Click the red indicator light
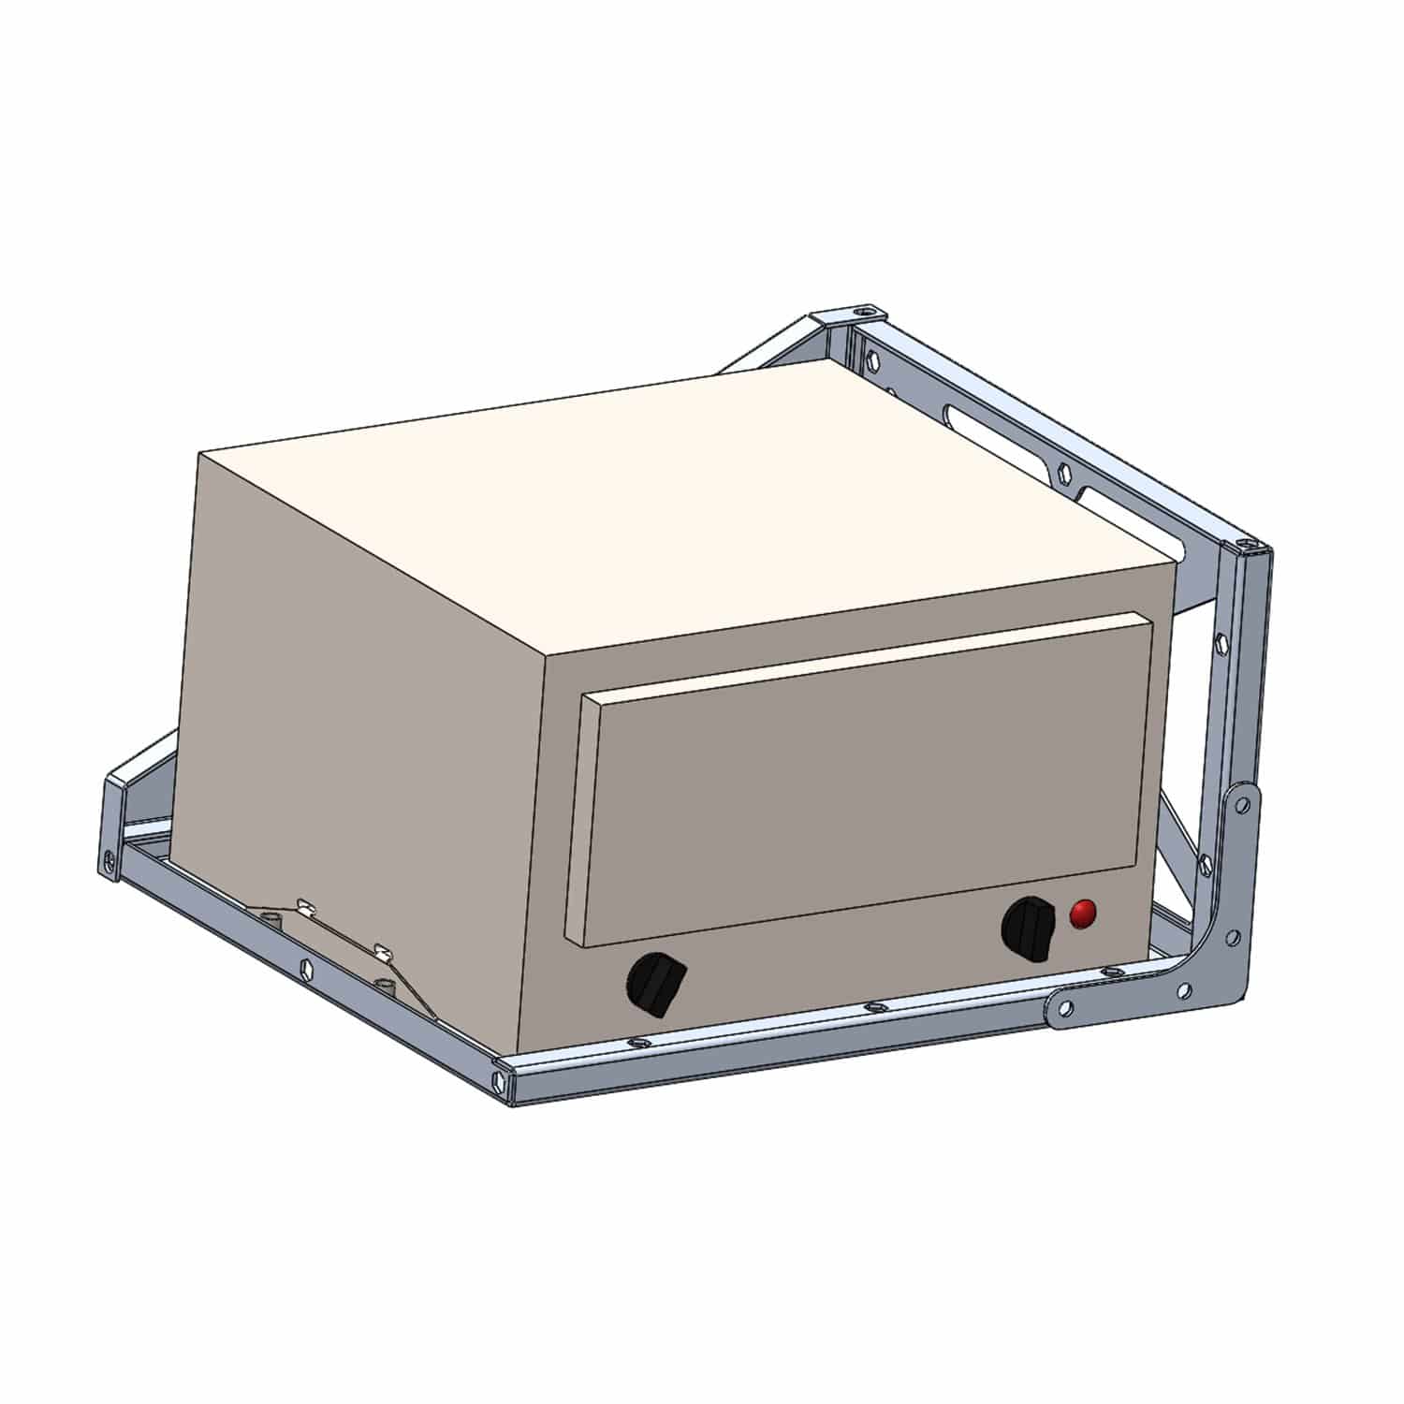point(1083,914)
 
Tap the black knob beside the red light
point(1028,929)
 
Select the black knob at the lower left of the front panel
point(655,983)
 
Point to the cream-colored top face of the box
point(674,505)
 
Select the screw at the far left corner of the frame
point(111,855)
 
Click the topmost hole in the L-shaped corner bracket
point(1244,802)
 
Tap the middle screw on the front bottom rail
point(873,1007)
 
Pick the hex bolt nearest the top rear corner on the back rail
point(872,358)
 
